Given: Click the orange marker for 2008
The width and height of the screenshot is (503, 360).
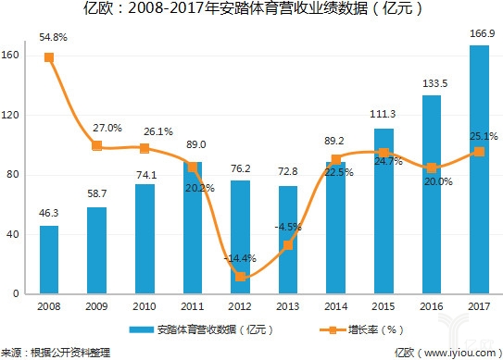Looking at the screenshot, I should coord(49,57).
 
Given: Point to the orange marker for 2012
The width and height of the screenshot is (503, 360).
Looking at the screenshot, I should coord(241,277).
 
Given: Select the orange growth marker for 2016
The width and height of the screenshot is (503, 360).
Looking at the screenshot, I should coord(432,168).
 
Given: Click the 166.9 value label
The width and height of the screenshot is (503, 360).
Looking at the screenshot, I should coord(479,34).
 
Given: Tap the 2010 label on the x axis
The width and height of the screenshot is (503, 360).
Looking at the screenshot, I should coord(145,305).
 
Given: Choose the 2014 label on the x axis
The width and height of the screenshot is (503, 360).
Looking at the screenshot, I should coord(335,305).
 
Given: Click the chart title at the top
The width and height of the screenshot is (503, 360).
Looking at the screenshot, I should coord(252,11).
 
